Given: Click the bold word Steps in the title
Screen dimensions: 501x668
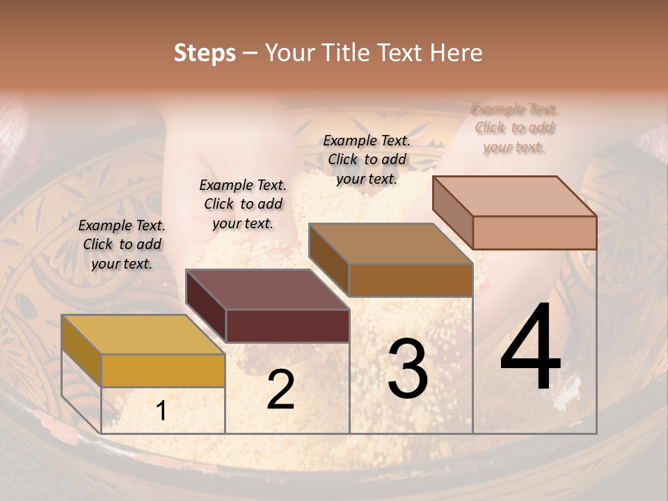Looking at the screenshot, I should (205, 53).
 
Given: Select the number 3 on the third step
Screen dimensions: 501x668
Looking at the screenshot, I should (407, 369).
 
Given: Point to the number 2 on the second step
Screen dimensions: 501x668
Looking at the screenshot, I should (280, 390).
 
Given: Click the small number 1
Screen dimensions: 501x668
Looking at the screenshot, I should (161, 412).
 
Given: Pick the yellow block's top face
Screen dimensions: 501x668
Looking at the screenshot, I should (143, 335).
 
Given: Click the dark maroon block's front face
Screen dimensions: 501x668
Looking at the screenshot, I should (287, 326).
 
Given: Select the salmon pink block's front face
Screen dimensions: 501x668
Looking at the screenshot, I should (534, 232).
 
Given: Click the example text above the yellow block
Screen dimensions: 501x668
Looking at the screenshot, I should (122, 244).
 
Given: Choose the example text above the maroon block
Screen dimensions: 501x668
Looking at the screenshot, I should (243, 204).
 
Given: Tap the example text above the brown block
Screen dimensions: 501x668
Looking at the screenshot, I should (367, 159).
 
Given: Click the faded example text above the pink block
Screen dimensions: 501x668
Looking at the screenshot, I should (514, 128).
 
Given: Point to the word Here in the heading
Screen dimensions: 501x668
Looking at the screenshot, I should (456, 53).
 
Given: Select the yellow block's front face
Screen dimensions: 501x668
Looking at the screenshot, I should (163, 370).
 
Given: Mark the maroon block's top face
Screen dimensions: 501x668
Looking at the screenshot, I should (267, 289).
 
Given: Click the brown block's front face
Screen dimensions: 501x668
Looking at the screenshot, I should (411, 280).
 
